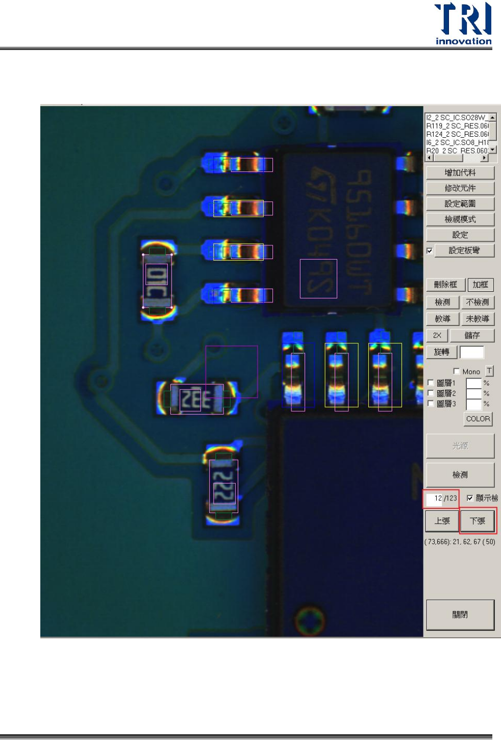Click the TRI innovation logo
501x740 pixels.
463,23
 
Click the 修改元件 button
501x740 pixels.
460,188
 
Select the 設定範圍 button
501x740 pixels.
460,204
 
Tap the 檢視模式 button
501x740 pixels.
460,219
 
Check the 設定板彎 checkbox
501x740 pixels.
430,250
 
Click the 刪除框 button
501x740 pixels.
445,285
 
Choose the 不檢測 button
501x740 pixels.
477,302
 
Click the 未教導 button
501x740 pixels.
477,319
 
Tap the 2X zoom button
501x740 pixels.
437,335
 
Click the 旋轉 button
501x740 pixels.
441,352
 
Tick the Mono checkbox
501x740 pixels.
457,371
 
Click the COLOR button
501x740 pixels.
478,419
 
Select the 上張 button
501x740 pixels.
442,521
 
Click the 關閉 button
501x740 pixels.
460,615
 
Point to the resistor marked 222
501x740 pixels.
223,486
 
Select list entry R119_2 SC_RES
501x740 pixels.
457,126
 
